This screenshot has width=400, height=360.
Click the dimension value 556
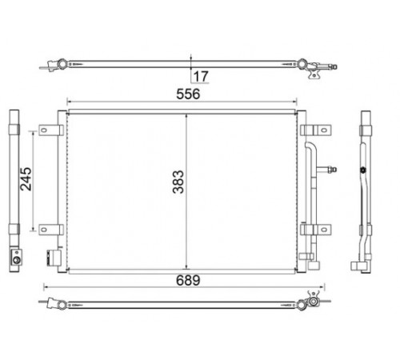point(188,94)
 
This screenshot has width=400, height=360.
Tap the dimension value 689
point(188,281)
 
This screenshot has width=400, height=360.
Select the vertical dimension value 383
point(178,182)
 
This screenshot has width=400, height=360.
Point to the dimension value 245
point(26,179)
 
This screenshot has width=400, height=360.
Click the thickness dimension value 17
point(201,77)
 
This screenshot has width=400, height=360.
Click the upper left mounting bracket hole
point(44,130)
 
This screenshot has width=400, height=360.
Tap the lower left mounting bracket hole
point(44,230)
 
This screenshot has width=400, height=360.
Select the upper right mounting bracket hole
point(324,130)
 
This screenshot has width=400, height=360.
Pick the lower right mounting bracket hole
point(324,230)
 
